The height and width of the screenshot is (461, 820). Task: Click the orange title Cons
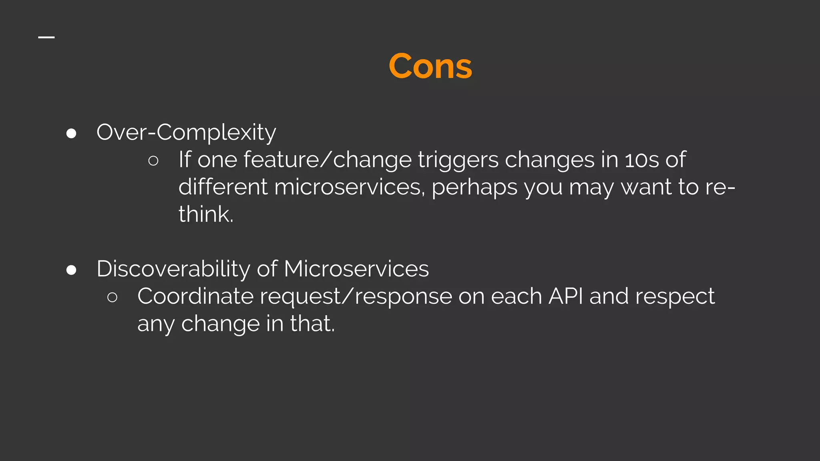[430, 66]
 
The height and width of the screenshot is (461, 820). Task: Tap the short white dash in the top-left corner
[46, 38]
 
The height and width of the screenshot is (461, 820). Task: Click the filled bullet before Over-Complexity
[71, 133]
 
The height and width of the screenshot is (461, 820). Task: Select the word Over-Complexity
[186, 132]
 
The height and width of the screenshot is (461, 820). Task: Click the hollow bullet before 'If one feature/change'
[153, 161]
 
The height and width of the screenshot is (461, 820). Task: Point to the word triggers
[458, 160]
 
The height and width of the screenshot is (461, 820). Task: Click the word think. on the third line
[206, 214]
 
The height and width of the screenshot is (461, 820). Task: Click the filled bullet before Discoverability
[71, 270]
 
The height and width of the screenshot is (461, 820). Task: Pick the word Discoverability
[173, 269]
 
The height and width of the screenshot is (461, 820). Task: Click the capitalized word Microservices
[356, 269]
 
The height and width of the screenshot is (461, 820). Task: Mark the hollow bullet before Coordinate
[112, 297]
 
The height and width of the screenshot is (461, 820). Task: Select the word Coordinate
[195, 297]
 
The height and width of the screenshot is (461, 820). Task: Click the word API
[565, 297]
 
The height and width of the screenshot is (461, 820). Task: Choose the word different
[223, 187]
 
